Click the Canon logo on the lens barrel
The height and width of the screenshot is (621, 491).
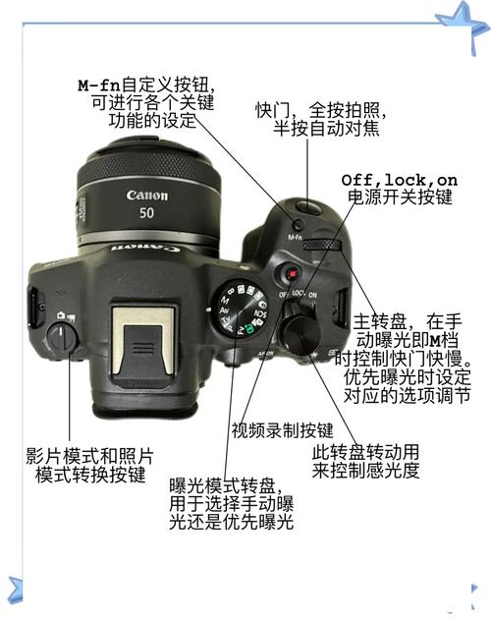coord(146,195)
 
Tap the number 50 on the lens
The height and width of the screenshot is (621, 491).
coord(146,213)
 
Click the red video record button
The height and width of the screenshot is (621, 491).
coord(289,273)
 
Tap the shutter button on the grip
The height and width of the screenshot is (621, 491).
coord(308,205)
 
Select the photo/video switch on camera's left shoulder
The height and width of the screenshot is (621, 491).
coord(63,336)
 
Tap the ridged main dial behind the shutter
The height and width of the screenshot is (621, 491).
coord(321,247)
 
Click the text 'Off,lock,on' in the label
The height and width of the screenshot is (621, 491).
coord(399,180)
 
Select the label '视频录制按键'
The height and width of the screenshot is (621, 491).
coord(282,429)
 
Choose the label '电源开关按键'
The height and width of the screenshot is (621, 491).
coord(400,198)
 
